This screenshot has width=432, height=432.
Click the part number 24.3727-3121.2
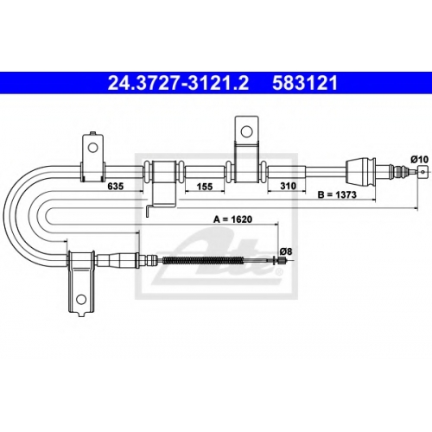pos(178,83)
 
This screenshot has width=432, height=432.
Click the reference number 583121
pos(305,83)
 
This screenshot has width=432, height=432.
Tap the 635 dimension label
pos(115,187)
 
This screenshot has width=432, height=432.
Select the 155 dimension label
pos(205,187)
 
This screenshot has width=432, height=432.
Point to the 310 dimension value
pos(288,186)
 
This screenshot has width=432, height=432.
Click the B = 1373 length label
pos(337,195)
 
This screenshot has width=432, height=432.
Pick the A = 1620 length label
pos(232,219)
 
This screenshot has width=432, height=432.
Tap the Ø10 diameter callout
pos(419,159)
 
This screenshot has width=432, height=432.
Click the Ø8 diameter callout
pos(286,251)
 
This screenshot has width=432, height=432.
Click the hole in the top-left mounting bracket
pos(92,148)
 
